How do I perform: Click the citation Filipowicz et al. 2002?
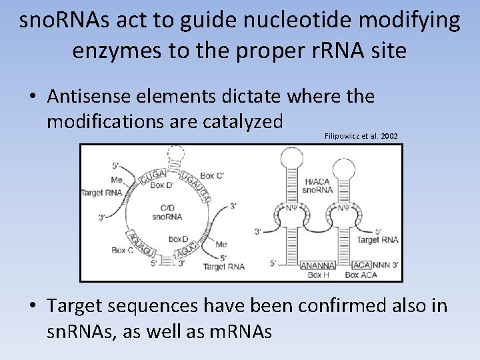361,136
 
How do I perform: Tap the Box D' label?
161,185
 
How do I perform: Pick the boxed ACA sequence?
361,265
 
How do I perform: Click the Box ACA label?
361,275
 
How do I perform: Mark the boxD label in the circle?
178,239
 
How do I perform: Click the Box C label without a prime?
122,251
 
